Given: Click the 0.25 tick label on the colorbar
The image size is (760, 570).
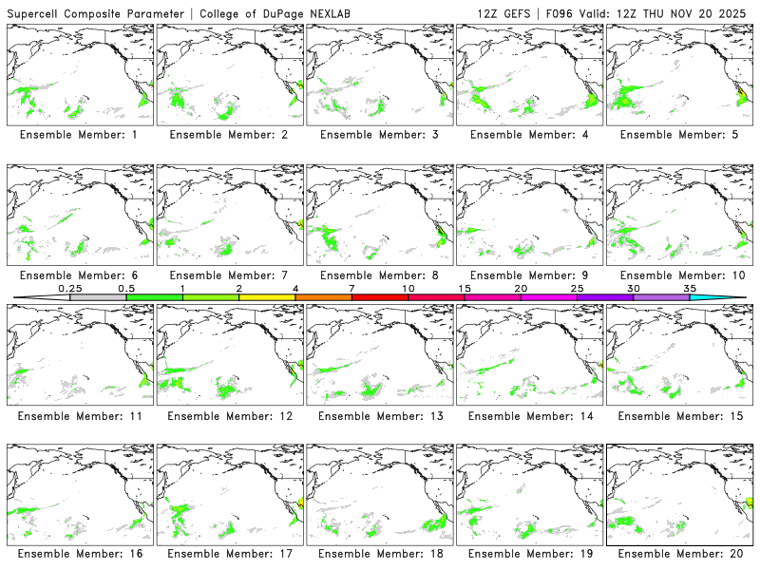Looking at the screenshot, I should tap(69, 288).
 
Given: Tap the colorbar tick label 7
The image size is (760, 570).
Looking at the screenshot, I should tap(351, 288).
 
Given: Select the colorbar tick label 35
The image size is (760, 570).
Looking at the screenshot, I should tap(690, 288).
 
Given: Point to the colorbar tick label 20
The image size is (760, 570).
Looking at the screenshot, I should tap(521, 288).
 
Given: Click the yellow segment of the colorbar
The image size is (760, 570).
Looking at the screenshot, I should tap(267, 297).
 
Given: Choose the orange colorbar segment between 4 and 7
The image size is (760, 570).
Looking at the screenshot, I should tap(323, 297).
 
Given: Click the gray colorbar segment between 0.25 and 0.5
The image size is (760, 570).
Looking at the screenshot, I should tap(98, 297).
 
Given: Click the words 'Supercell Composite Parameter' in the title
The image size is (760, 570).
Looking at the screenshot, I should tap(96, 11).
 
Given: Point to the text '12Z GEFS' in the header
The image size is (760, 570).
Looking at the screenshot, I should tap(506, 11).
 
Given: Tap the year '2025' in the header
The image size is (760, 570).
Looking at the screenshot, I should tap(734, 11).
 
